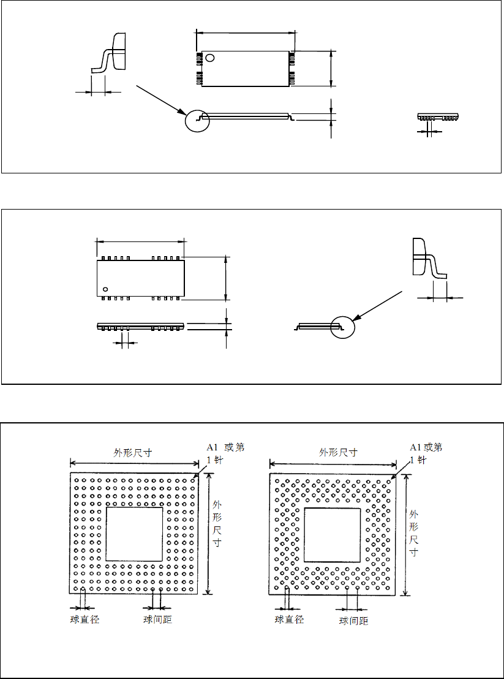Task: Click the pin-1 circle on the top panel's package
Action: [x=210, y=58]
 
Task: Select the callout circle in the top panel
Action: [x=197, y=120]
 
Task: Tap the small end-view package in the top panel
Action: [x=438, y=116]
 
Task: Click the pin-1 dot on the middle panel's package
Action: [x=105, y=289]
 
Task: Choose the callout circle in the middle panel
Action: [x=342, y=326]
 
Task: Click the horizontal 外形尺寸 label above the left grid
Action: [x=133, y=453]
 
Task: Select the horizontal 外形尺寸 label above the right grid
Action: [x=338, y=453]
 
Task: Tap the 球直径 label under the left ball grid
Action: [x=85, y=620]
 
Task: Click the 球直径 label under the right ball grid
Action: [x=290, y=620]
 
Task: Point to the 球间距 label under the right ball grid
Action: [x=354, y=621]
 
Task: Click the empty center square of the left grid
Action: [x=135, y=534]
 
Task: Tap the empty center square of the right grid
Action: [x=333, y=535]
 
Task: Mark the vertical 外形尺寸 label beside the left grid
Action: [x=217, y=525]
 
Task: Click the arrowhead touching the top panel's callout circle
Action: [x=183, y=112]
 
